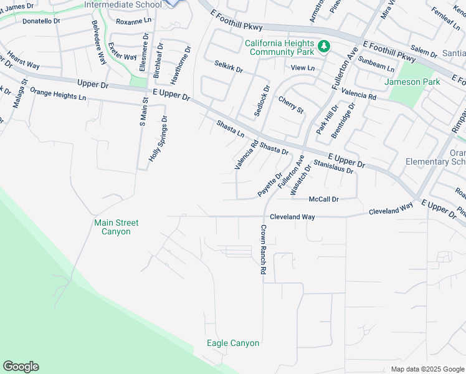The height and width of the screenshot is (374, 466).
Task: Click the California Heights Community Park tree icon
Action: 324,46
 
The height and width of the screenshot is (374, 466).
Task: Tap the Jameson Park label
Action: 412,82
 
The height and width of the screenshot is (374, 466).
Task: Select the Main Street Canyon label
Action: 116,227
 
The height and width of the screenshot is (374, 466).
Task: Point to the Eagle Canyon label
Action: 233,343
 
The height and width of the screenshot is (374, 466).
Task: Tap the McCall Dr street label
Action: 323,199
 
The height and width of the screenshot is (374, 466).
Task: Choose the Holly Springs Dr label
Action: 157,138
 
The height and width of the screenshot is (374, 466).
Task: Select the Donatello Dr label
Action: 41,21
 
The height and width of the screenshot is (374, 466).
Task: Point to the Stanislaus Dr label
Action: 333,166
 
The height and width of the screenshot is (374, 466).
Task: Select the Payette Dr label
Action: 270,185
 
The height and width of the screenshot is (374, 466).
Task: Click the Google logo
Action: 21,367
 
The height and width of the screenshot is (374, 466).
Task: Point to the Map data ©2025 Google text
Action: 427,369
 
